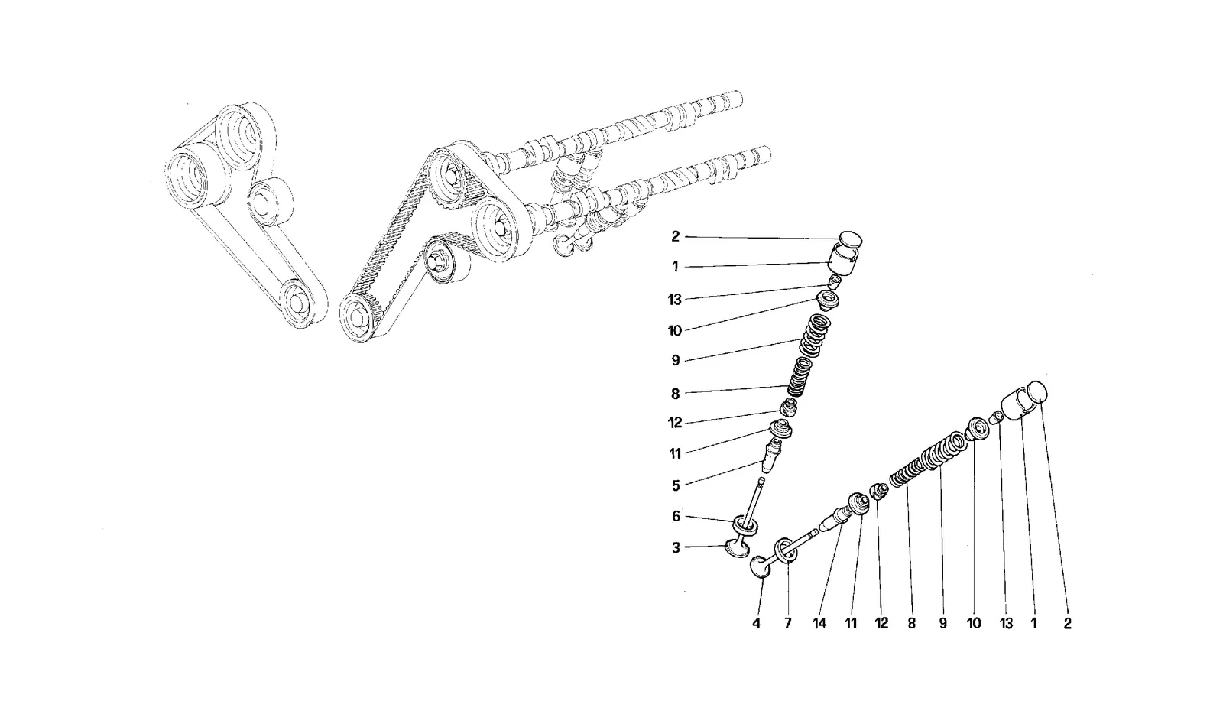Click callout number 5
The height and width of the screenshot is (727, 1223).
click(x=676, y=485)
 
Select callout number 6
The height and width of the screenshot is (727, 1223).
click(x=676, y=516)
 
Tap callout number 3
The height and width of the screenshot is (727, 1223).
click(x=676, y=547)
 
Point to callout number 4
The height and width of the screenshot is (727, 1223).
click(x=756, y=623)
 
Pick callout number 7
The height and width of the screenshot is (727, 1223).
click(x=787, y=623)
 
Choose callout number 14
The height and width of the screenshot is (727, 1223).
click(x=819, y=623)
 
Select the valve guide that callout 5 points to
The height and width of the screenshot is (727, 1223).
click(x=771, y=454)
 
